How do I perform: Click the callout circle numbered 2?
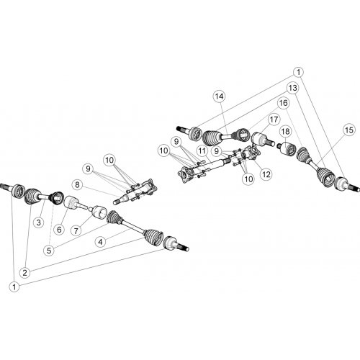(x=25, y=273)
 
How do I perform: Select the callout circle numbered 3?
(x=39, y=222)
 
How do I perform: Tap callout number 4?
(x=100, y=242)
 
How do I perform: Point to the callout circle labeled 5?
(x=49, y=251)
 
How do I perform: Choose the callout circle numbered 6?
(x=59, y=230)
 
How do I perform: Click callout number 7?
(x=76, y=231)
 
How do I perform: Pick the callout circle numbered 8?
(x=77, y=185)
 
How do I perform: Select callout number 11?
(x=202, y=151)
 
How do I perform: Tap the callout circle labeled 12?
(x=266, y=174)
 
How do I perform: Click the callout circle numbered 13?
(x=293, y=88)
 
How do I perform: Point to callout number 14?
(x=219, y=96)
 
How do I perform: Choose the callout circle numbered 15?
(x=349, y=130)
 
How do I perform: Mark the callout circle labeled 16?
(x=284, y=103)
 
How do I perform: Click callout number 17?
(x=274, y=120)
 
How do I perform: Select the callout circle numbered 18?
(x=285, y=131)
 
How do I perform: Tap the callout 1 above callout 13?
(x=298, y=72)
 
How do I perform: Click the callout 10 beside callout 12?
(x=248, y=179)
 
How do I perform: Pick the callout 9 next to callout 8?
(x=88, y=169)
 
